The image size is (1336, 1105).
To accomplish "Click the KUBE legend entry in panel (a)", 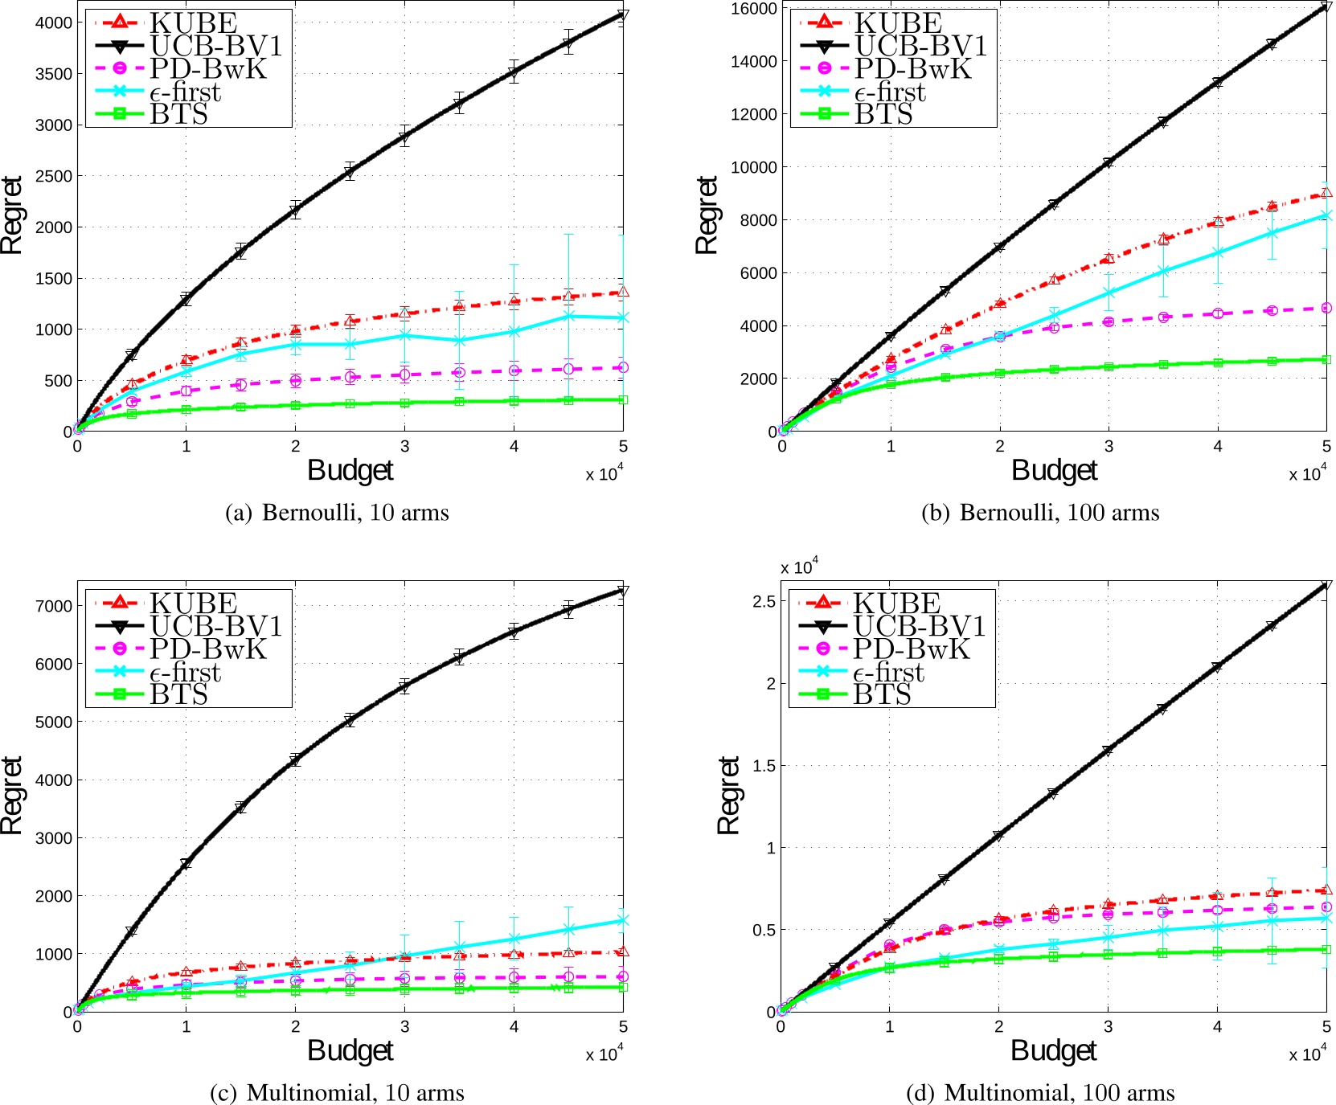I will (193, 23).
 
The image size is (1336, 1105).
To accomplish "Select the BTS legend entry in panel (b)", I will (883, 115).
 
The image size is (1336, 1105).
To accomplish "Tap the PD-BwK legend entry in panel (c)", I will (208, 649).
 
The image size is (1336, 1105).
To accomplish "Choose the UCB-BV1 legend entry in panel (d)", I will (919, 625).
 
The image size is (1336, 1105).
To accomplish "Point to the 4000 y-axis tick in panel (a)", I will (54, 23).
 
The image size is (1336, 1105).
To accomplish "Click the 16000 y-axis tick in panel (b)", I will (754, 8).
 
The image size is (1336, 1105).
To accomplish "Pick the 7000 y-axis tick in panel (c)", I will (54, 606).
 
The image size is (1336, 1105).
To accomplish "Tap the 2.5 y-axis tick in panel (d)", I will (764, 601).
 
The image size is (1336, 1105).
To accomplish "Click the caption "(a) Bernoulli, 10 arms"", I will (336, 513).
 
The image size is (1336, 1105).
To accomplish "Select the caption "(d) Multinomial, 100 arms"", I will (1040, 1093).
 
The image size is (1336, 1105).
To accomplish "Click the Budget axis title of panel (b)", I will (1054, 470).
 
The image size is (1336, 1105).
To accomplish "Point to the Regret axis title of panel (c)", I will (11, 795).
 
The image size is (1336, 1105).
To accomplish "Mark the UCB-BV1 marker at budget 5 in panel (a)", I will (623, 15).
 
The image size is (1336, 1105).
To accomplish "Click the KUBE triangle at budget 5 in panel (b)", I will (1326, 193).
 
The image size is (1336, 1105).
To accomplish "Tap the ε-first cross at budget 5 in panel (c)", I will (623, 920).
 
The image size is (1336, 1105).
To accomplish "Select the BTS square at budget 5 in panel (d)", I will (1326, 949).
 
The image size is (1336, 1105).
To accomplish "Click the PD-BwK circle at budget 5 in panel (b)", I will (1326, 308).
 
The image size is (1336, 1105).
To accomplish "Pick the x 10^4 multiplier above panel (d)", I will (799, 567).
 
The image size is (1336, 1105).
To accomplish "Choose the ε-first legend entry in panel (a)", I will (185, 92).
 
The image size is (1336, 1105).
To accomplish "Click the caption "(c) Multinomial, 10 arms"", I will (336, 1093).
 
